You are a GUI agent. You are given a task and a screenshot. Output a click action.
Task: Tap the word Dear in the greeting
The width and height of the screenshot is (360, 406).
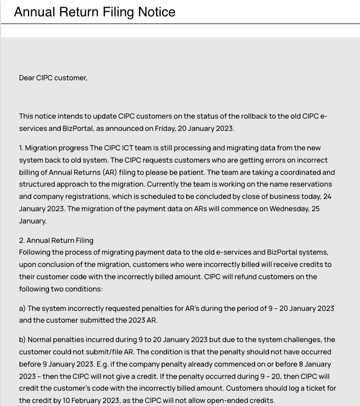[x=27, y=78]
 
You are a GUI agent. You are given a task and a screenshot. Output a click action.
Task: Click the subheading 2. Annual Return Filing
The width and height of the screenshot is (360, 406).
[x=56, y=240]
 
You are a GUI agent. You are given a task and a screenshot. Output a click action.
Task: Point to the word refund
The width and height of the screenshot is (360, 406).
[x=249, y=277]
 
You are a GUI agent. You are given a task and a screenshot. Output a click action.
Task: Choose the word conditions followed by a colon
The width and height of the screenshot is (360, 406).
[x=85, y=289]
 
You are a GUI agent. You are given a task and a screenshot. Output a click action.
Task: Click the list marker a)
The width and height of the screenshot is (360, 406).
[x=22, y=308]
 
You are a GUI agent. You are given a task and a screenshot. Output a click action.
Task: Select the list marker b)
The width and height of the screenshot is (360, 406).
[x=22, y=340]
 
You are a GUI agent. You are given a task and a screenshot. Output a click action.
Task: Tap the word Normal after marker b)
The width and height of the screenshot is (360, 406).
[x=40, y=340]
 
